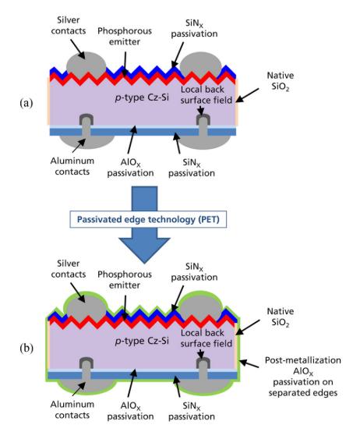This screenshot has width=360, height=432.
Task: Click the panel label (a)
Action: (x=26, y=103)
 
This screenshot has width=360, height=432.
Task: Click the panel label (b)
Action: (x=26, y=349)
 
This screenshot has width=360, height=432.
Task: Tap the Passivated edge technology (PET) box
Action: (x=148, y=219)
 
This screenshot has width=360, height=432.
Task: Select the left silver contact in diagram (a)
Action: (x=86, y=64)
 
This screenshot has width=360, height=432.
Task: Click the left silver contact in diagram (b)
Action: (x=86, y=308)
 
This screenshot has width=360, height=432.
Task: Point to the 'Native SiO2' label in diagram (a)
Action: (x=281, y=81)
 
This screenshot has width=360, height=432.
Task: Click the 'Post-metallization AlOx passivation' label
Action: (x=303, y=377)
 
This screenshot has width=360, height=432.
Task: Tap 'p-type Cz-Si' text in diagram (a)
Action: (x=142, y=97)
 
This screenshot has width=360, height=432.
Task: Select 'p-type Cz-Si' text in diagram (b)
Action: (x=142, y=341)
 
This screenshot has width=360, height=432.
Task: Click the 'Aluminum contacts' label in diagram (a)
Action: (x=72, y=166)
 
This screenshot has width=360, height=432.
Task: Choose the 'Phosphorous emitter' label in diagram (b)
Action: (x=125, y=280)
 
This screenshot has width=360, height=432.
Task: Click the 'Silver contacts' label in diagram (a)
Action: (x=69, y=26)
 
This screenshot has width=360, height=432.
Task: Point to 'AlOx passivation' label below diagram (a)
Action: (x=130, y=168)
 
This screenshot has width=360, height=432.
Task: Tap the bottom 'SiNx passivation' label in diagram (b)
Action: (x=192, y=411)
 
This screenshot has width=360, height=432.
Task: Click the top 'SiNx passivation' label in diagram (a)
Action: (x=194, y=28)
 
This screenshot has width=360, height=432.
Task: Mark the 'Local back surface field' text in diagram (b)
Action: (x=206, y=338)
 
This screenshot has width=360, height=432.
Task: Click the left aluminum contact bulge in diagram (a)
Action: (x=87, y=141)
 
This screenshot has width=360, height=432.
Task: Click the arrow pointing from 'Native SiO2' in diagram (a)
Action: (x=247, y=95)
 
